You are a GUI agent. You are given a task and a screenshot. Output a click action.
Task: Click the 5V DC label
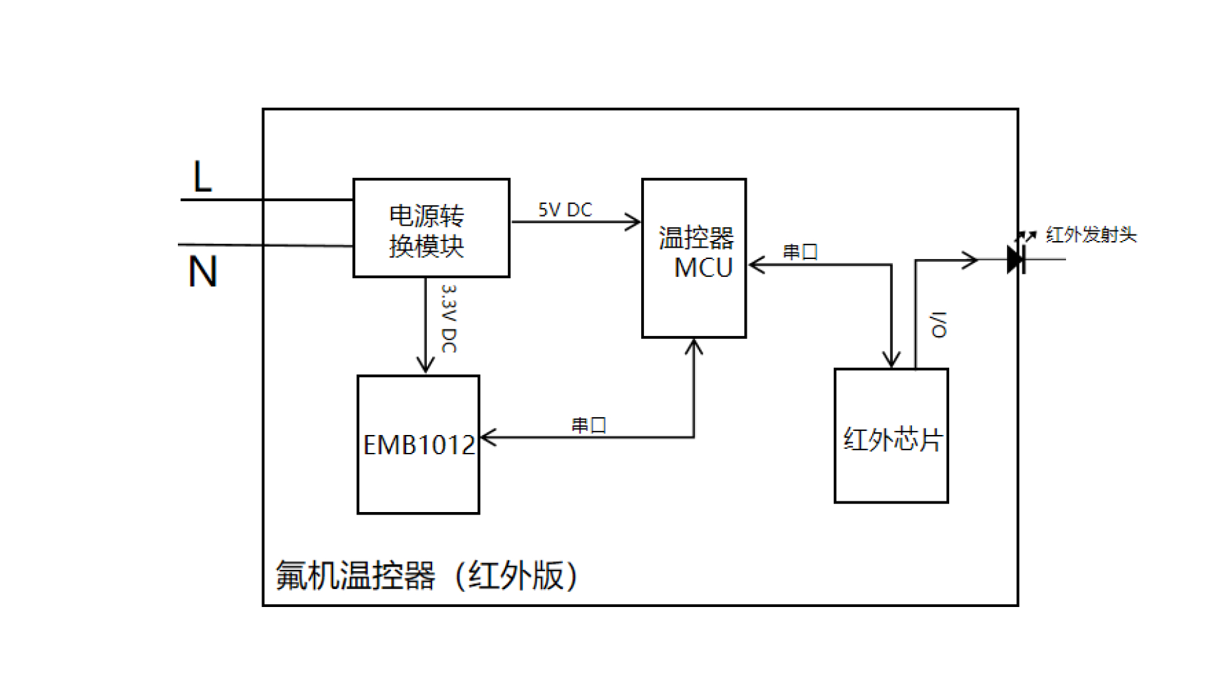565,210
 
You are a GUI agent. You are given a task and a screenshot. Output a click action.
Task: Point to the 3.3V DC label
449,319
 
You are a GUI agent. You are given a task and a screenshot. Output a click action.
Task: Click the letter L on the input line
202,177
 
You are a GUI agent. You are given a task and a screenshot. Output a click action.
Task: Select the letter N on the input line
202,272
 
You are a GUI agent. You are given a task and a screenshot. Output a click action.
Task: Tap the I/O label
939,324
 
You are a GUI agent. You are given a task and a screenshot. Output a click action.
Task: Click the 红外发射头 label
1091,234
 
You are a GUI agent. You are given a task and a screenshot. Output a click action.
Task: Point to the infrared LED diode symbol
1017,259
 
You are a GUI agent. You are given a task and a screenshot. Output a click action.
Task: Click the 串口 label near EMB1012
589,425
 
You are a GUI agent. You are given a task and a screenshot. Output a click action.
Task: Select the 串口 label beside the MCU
800,252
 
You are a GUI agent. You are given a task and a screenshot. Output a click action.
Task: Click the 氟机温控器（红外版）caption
427,575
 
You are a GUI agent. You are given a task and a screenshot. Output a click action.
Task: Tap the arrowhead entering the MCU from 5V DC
633,222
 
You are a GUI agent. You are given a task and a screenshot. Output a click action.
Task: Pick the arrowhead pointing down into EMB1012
425,365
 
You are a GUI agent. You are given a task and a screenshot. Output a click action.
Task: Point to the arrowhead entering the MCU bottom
694,347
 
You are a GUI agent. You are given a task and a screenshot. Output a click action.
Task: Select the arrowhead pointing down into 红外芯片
891,359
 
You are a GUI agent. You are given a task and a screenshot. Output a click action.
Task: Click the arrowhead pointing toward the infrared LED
970,260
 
